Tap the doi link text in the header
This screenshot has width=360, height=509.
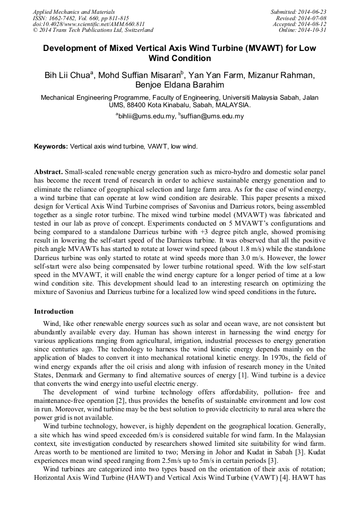89,24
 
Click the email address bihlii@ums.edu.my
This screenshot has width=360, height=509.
147,116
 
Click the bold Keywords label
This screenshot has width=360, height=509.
51,146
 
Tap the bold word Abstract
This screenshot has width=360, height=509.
48,172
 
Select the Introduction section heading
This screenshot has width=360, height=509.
54,312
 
